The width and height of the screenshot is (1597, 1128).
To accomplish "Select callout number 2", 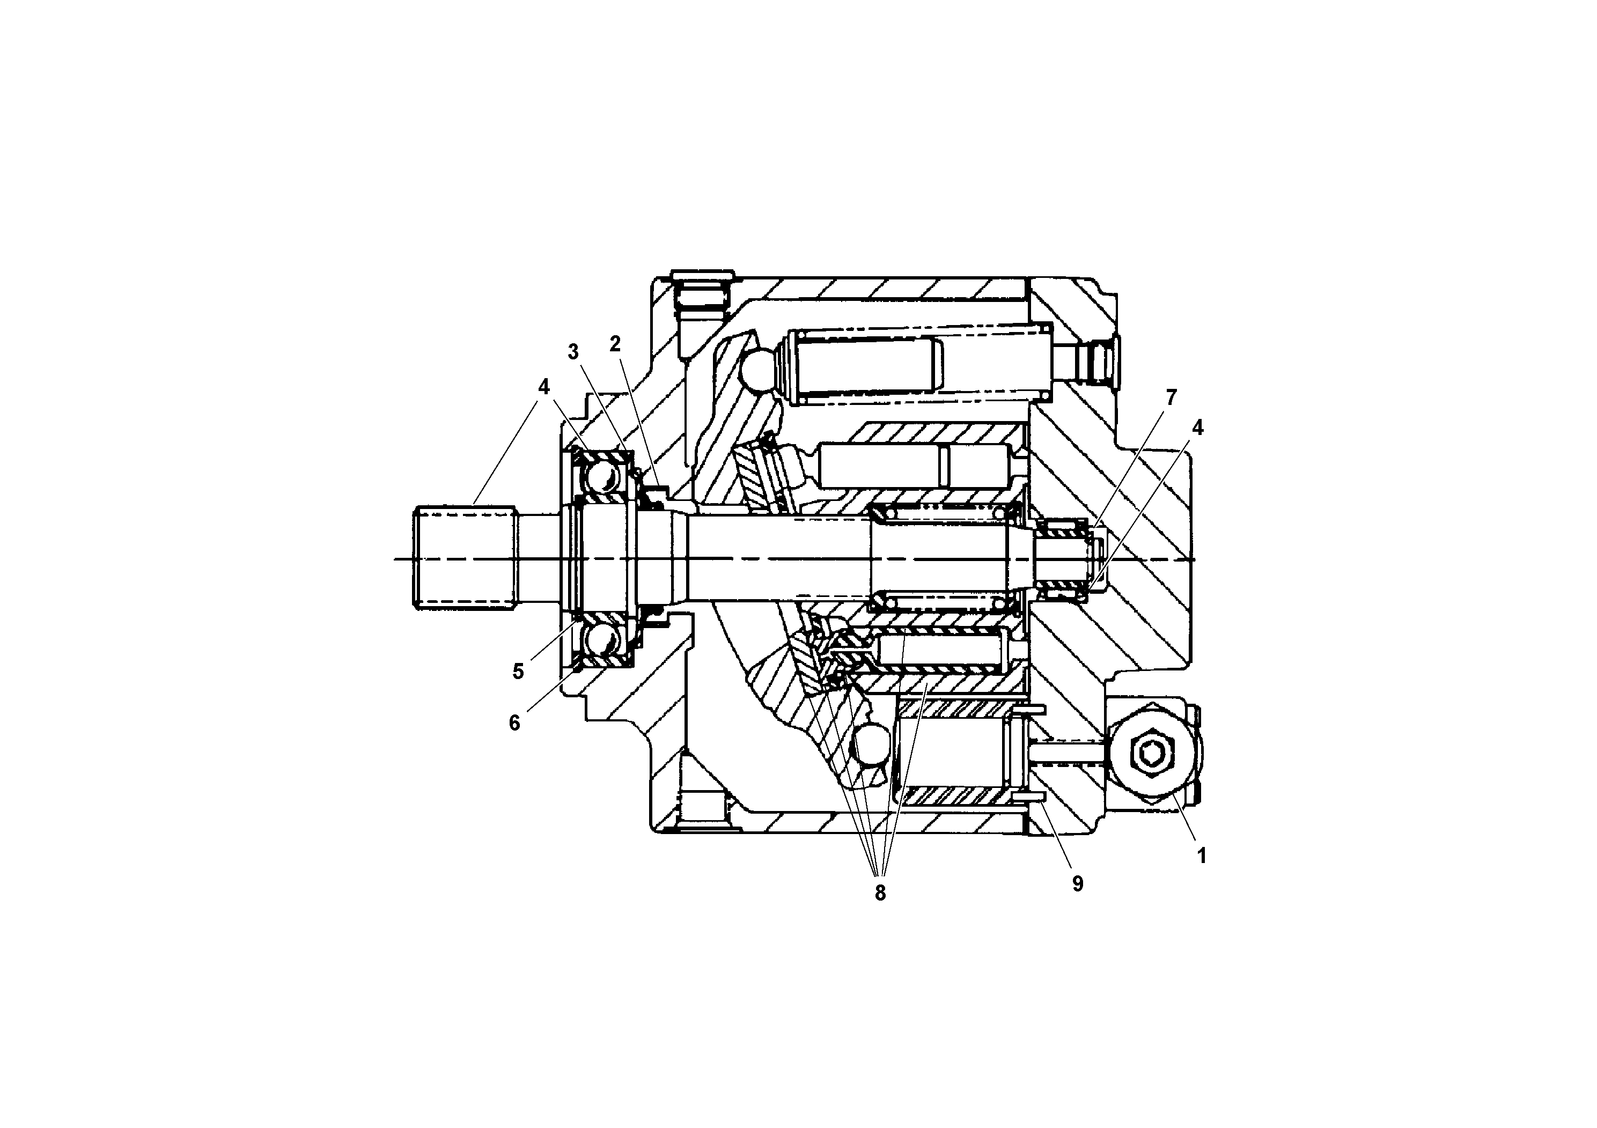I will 615,343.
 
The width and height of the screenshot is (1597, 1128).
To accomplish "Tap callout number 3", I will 573,352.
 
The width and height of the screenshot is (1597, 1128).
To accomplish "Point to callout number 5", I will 518,672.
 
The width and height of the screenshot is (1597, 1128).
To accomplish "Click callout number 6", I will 514,723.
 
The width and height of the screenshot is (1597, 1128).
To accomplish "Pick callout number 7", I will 1171,398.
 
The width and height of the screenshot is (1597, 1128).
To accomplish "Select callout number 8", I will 880,894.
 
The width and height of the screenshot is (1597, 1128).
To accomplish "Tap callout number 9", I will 1077,884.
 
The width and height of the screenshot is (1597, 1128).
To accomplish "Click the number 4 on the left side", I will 544,387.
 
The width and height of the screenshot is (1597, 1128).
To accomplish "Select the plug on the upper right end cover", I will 1100,362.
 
